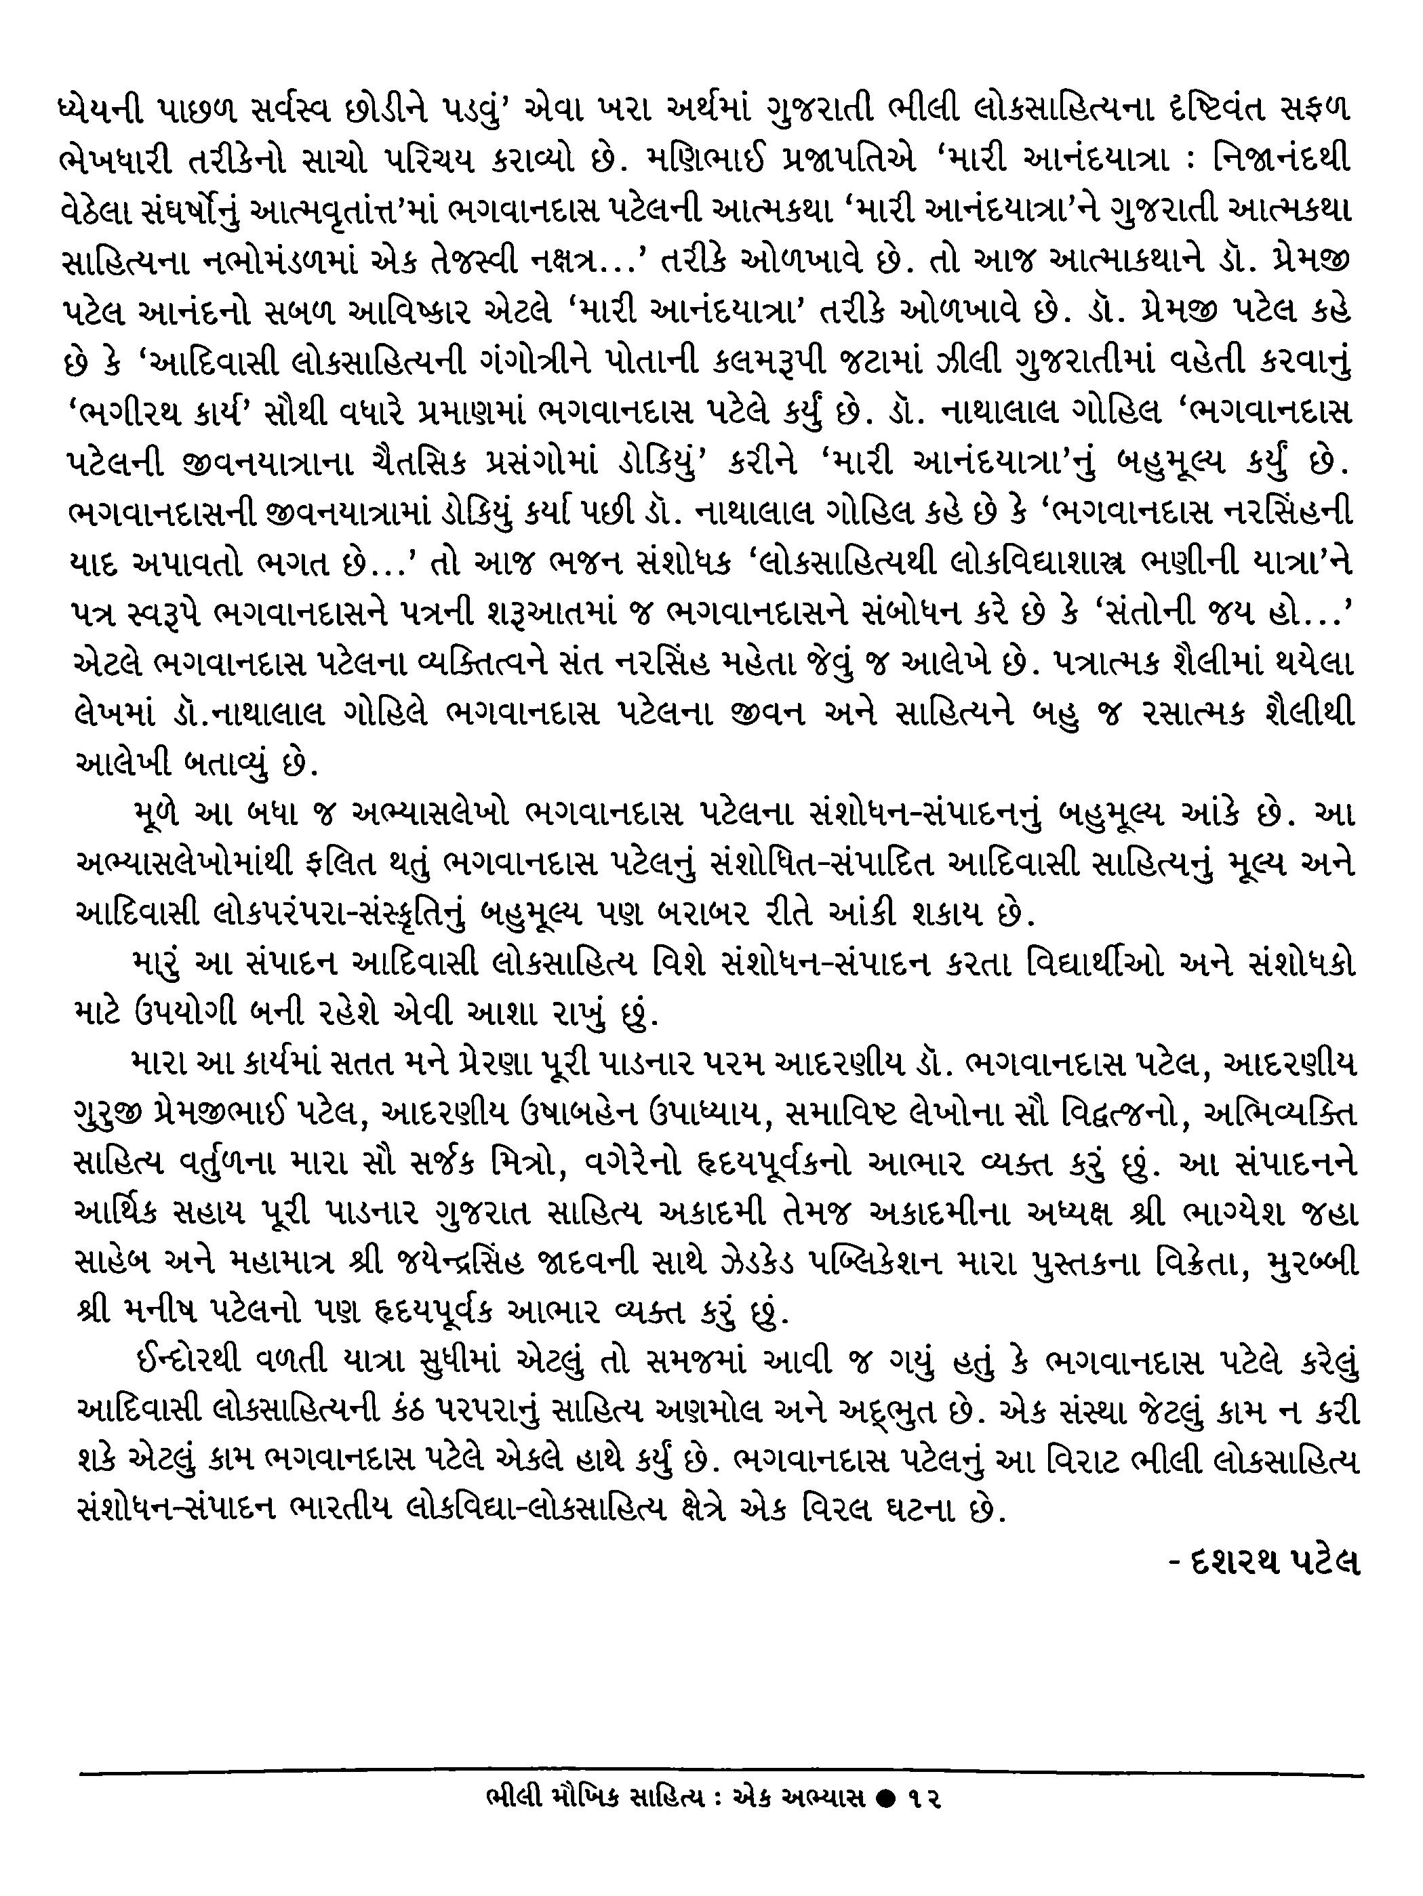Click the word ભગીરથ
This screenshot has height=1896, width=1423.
pos(131,413)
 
